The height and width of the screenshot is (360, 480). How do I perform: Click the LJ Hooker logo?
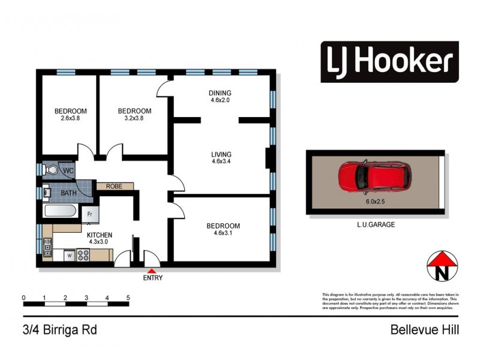pyautogui.click(x=389, y=61)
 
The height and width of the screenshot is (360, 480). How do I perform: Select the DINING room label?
pyautogui.click(x=220, y=93)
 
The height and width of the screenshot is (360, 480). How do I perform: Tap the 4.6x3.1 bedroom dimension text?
pyautogui.click(x=223, y=234)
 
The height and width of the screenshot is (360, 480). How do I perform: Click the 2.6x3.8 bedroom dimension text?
pyautogui.click(x=71, y=119)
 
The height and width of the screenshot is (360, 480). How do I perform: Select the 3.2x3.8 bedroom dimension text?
pyautogui.click(x=134, y=119)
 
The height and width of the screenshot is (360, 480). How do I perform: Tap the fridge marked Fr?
pyautogui.click(x=89, y=213)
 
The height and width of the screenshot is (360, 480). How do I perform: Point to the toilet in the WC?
pyautogui.click(x=52, y=171)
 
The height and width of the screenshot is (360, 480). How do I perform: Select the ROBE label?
pyautogui.click(x=114, y=187)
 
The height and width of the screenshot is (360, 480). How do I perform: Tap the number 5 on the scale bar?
pyautogui.click(x=128, y=298)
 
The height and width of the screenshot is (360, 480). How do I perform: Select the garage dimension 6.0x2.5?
pyautogui.click(x=375, y=202)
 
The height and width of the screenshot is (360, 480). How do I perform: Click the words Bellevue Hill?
pyautogui.click(x=424, y=329)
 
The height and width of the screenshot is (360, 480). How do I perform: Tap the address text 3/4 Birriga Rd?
pyautogui.click(x=60, y=329)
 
